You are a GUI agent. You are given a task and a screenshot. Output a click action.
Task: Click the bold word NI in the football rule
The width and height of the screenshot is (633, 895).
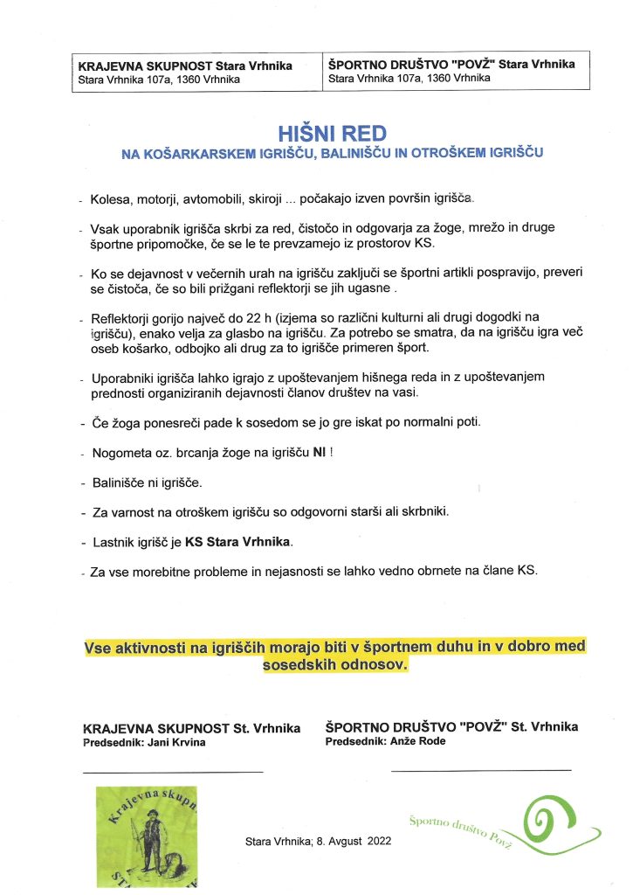319,453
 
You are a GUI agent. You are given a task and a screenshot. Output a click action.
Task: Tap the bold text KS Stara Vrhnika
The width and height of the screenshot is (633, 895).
239,542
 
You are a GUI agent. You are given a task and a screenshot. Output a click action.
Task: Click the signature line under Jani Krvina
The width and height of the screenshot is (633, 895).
172,772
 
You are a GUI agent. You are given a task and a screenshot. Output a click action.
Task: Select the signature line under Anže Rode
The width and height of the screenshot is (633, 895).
480,770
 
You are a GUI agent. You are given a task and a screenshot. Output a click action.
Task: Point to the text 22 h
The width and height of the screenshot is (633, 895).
272,318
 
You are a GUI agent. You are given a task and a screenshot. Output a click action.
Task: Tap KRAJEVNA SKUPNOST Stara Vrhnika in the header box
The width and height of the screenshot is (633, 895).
185,66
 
